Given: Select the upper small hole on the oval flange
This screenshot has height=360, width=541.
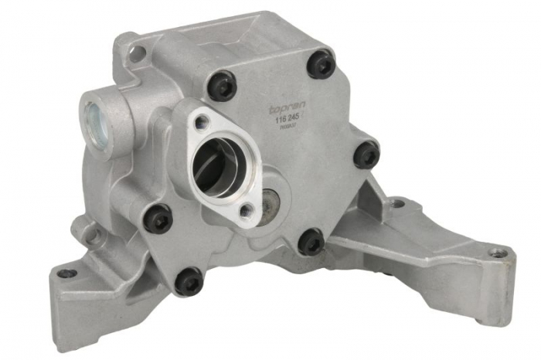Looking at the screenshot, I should [201, 121].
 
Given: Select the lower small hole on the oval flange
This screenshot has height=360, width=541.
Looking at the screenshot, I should [246, 210].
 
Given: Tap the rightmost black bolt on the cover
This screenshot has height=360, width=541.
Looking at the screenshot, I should [366, 154].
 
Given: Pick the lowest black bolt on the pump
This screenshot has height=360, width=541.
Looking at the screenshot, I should [188, 280].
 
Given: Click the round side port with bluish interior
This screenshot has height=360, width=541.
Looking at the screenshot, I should [95, 120].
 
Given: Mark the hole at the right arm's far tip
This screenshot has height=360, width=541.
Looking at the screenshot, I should [498, 253].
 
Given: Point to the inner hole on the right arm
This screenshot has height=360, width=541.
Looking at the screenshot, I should [397, 204].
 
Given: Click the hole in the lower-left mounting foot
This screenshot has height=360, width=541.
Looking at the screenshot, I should [68, 273].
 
